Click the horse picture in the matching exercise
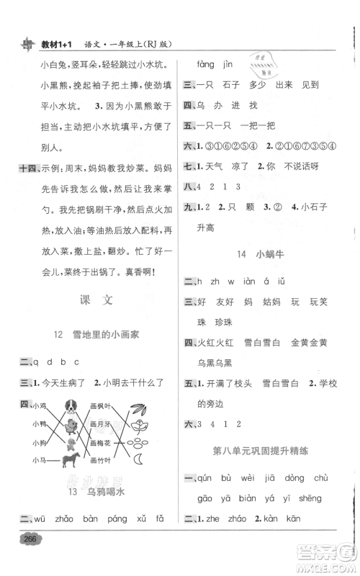(x=73, y=459)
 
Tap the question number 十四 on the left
(x=25, y=168)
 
